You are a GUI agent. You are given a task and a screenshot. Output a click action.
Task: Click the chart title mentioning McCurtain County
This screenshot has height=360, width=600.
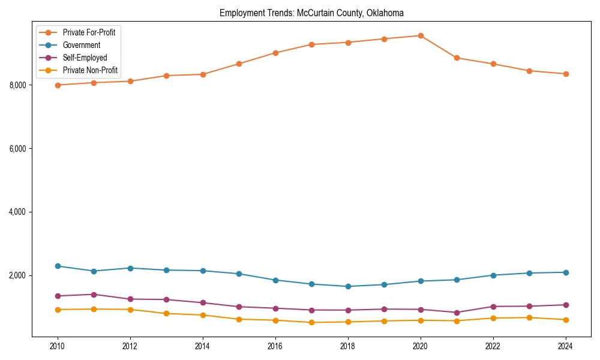click(x=311, y=13)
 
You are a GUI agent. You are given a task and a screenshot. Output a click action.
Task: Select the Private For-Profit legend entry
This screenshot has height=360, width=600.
click(x=89, y=32)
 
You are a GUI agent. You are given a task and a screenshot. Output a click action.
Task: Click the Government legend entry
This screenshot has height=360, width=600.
click(x=81, y=45)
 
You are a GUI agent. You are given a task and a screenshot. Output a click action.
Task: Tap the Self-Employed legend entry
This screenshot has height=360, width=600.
click(x=85, y=58)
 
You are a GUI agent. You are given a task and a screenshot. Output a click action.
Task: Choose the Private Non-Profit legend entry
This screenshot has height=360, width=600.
click(x=90, y=71)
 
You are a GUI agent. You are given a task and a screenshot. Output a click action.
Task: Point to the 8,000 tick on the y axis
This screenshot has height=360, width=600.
click(x=18, y=85)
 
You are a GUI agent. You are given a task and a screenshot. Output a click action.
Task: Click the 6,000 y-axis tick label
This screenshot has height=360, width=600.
click(x=18, y=149)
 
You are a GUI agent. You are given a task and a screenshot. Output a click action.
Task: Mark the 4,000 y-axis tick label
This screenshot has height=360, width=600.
click(x=18, y=212)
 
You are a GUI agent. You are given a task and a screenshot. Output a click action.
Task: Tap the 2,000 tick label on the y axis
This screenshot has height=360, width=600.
click(x=18, y=276)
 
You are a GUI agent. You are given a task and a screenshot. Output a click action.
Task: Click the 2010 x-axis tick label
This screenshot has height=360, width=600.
click(x=58, y=346)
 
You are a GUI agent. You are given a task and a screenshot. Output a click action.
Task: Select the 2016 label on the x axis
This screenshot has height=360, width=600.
click(x=275, y=346)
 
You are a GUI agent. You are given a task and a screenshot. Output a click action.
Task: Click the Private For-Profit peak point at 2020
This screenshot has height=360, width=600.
click(x=421, y=35)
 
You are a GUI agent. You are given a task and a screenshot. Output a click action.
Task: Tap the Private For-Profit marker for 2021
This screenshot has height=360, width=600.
click(x=457, y=58)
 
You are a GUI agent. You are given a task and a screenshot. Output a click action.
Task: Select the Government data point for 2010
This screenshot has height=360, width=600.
click(x=58, y=266)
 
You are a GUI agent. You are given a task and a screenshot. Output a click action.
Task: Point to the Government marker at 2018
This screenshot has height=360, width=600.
click(x=348, y=286)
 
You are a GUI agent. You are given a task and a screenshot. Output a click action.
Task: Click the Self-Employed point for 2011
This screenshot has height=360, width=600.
click(x=94, y=295)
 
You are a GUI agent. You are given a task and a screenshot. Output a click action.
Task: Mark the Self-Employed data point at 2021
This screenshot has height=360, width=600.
click(x=457, y=313)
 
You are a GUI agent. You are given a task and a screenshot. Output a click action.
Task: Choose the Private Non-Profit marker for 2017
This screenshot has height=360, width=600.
click(x=311, y=322)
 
